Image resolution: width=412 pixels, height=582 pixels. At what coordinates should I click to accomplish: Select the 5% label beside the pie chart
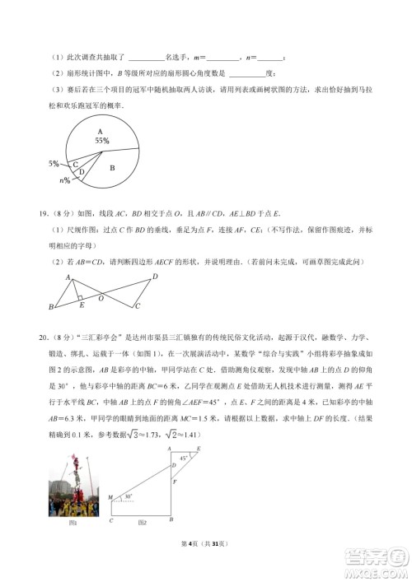[x=53, y=163]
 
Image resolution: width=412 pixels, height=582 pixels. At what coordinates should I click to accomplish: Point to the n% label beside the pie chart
[x=65, y=179]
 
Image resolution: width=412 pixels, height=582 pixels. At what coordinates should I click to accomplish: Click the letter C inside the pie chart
[x=76, y=164]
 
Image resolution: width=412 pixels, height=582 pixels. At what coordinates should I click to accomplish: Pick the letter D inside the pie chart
[x=82, y=172]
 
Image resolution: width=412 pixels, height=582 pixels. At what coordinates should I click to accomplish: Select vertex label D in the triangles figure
[x=154, y=277]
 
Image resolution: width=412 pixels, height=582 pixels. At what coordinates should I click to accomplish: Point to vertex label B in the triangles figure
[x=51, y=308]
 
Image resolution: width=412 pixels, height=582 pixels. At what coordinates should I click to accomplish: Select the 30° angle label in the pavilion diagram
[x=128, y=497]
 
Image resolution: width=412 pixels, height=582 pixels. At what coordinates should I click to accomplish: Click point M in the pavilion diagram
[x=110, y=498]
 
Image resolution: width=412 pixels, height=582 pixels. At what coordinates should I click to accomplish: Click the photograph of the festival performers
[x=73, y=486]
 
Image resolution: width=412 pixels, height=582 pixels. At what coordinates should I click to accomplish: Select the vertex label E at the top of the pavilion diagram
[x=199, y=448]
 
